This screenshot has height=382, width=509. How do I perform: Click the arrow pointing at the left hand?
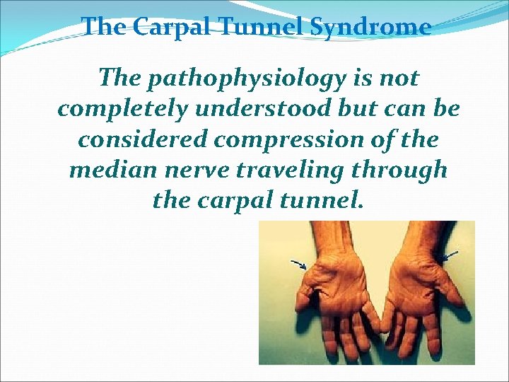click(x=298, y=265)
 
